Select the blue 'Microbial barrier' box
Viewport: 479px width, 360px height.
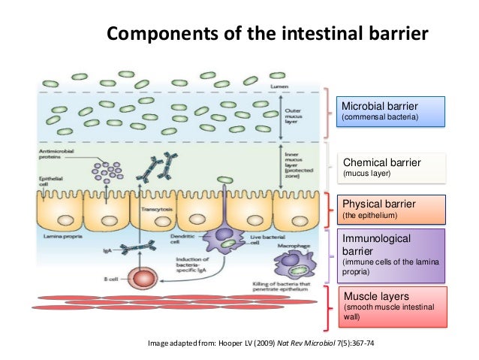(x=390, y=110)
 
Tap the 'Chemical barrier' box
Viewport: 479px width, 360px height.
(x=390, y=168)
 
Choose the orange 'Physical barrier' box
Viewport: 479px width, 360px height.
(x=390, y=208)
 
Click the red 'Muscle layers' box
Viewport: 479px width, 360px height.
(x=390, y=305)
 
